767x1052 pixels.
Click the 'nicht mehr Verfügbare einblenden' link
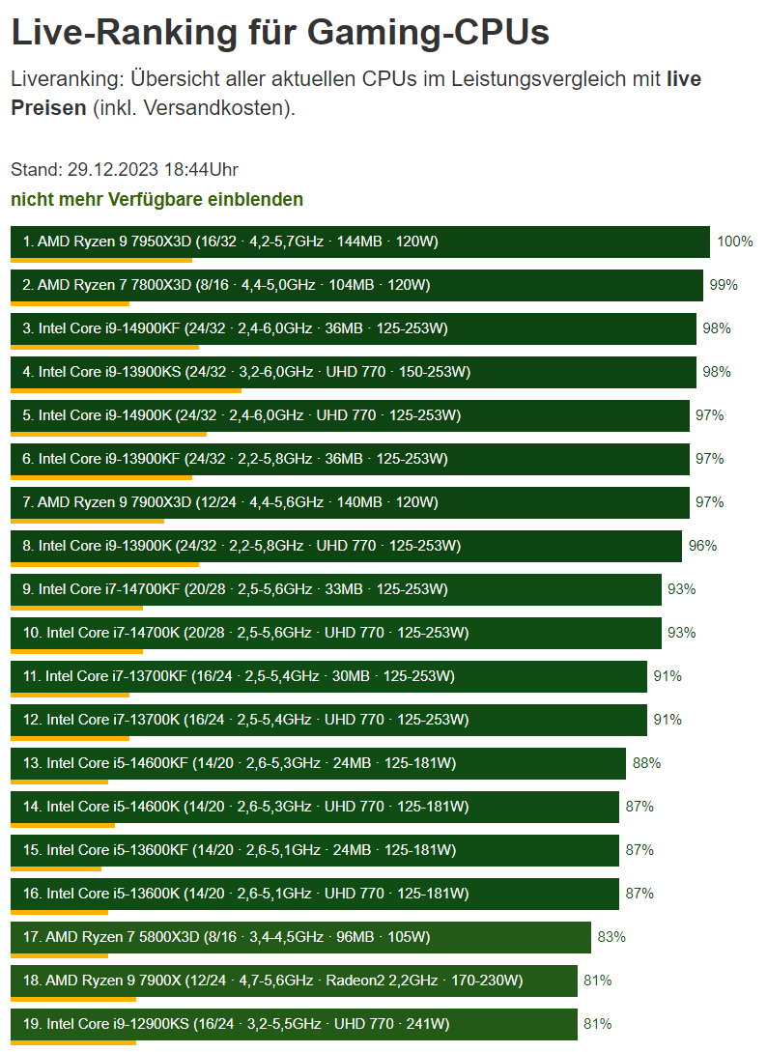pos(156,200)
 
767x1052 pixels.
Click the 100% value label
pos(734,242)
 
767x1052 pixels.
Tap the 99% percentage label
pos(724,285)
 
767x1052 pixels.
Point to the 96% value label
pos(702,546)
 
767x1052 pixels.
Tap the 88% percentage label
pos(646,763)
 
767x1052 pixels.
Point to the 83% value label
pos(611,937)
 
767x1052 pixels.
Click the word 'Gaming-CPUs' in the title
pos(428,33)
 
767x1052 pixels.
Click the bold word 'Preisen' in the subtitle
pos(48,107)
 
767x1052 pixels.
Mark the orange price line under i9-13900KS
pos(126,390)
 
